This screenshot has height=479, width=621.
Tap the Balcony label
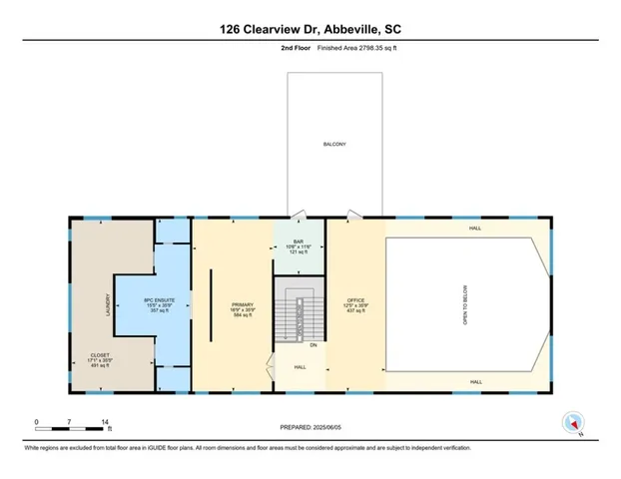click(x=333, y=145)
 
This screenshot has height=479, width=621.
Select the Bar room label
click(x=299, y=239)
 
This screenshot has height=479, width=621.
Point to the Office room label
click(x=355, y=299)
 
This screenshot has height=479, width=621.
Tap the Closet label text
click(x=100, y=354)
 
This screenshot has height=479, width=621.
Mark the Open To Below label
click(x=463, y=303)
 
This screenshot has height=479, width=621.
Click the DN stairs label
click(x=311, y=345)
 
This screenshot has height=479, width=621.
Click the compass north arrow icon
click(x=572, y=422)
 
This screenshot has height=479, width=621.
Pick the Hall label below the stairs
click(x=300, y=367)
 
